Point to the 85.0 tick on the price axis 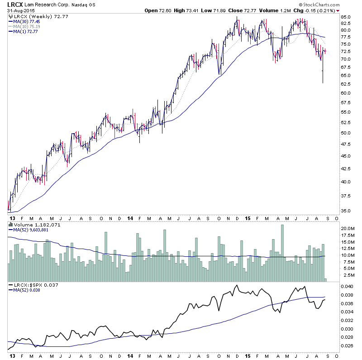pyautogui.click(x=346, y=17)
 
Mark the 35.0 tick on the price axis pyautogui.click(x=346, y=211)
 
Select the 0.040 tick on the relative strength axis pyautogui.click(x=346, y=287)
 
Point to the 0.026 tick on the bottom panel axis pyautogui.click(x=346, y=346)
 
